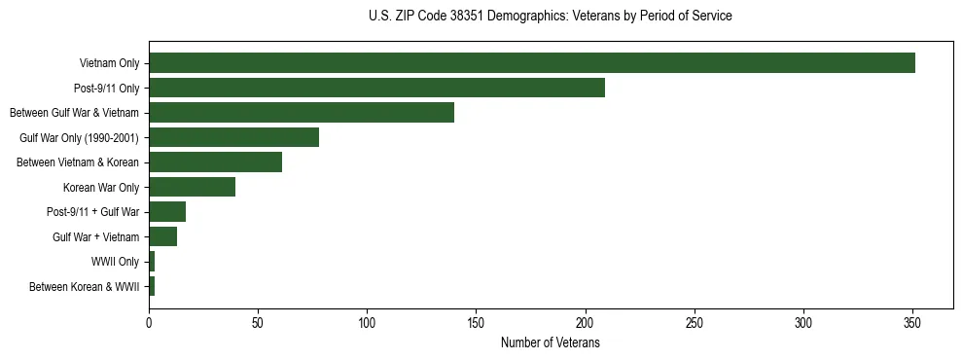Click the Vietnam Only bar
click(531, 63)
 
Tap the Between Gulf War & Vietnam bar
click(302, 113)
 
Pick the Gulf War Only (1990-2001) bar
click(233, 137)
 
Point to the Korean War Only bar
click(192, 187)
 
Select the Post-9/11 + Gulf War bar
click(167, 212)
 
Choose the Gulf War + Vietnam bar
click(162, 236)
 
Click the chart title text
click(551, 17)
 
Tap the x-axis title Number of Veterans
click(551, 343)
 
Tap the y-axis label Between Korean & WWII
click(84, 287)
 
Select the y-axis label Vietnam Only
click(109, 64)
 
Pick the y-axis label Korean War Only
click(101, 188)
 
